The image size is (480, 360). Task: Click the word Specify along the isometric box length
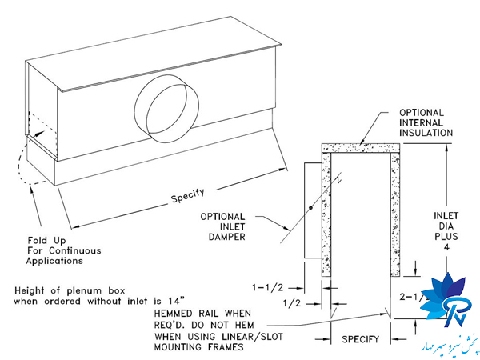186,193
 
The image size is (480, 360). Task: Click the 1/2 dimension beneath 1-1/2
291,303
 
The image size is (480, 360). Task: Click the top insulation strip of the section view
360,148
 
